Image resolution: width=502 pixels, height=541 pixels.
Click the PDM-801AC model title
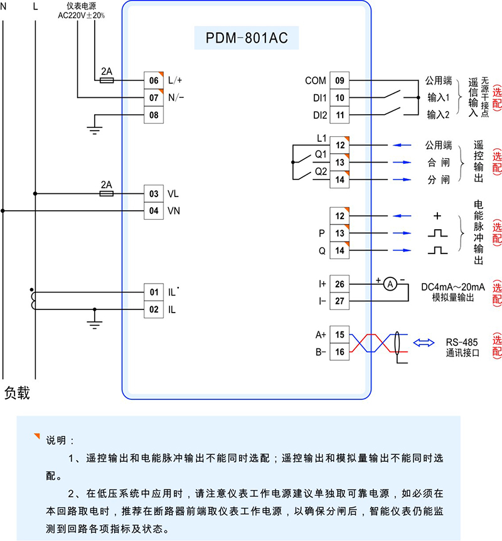point(247,39)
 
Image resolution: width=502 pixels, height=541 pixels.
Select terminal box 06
point(154,80)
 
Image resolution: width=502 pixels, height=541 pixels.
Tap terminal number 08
point(154,115)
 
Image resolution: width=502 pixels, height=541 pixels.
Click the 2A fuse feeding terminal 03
point(107,194)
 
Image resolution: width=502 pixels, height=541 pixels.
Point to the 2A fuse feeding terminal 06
point(107,80)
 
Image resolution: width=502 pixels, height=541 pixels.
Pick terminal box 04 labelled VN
point(154,211)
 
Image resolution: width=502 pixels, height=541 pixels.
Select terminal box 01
point(154,292)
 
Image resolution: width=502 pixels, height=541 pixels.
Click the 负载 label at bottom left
point(18,393)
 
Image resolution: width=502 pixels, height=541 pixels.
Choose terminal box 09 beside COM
point(339,80)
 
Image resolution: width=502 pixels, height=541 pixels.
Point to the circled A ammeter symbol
point(389,284)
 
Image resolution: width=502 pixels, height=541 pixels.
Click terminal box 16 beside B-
point(339,352)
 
